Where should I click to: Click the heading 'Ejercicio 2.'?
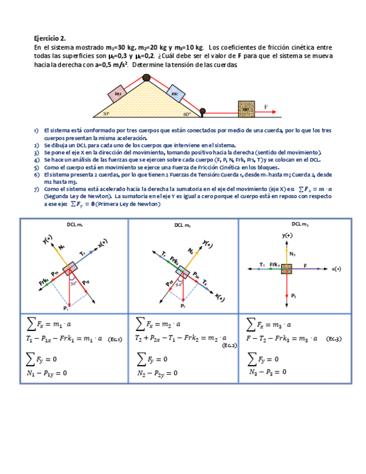(50, 39)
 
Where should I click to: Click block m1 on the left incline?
(118, 94)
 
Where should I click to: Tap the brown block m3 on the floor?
(246, 108)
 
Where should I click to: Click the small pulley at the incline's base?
(203, 111)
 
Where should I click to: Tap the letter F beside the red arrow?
(266, 106)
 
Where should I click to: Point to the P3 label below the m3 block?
(293, 295)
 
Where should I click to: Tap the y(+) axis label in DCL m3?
(287, 235)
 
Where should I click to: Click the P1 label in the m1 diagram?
(66, 308)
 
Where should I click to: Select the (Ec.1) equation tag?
(115, 339)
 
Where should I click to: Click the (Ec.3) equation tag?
(335, 339)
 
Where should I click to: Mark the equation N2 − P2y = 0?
(157, 373)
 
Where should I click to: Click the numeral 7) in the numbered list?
(36, 189)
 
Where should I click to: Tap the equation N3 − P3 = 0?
(267, 372)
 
